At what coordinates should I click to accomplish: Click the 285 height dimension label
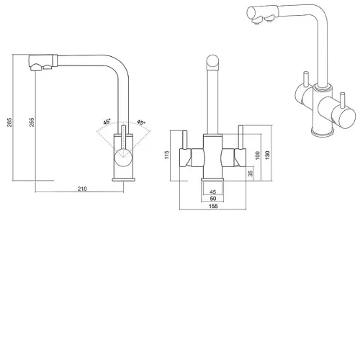point(9,122)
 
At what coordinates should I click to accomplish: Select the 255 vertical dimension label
point(32,122)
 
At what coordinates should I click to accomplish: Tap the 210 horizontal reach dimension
point(82,189)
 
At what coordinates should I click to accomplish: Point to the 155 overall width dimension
point(213,206)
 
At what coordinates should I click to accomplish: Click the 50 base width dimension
point(213,199)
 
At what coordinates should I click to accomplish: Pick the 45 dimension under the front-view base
point(213,192)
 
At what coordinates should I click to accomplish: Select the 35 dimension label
point(251,174)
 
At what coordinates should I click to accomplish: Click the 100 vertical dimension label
point(257,156)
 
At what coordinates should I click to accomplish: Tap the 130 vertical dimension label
point(268,155)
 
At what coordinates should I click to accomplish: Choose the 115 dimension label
point(167,155)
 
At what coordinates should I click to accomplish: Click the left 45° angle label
point(107,122)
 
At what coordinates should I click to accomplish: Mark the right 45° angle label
point(141,122)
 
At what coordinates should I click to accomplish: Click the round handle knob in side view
point(123,158)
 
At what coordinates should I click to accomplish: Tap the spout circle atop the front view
point(212,61)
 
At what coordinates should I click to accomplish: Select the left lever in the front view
point(185,140)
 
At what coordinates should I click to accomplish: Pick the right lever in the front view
point(240,137)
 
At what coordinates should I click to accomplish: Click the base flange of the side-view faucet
point(124,179)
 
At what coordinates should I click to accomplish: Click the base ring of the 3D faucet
point(323,132)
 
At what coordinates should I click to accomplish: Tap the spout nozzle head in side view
point(43,62)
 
